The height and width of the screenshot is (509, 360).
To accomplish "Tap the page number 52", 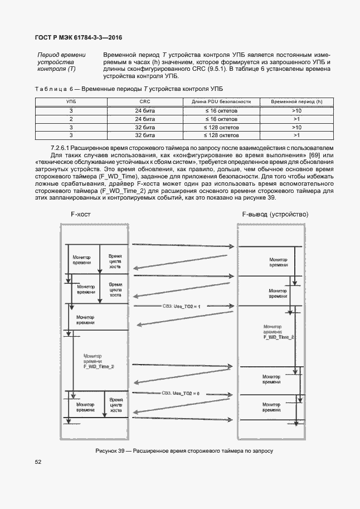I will pyautogui.click(x=38, y=462).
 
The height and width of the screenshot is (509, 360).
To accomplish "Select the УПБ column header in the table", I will pyautogui.click(x=71, y=102).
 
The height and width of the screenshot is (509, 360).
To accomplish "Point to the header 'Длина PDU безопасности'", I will pyautogui.click(x=221, y=102).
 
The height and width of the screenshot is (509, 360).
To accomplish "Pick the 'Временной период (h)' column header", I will pyautogui.click(x=296, y=102).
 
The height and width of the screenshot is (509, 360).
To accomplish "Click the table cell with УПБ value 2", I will pyautogui.click(x=71, y=119).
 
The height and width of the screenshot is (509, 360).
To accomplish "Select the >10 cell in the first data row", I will pyautogui.click(x=296, y=111).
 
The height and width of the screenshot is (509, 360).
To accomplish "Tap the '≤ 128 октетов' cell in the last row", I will pyautogui.click(x=221, y=135).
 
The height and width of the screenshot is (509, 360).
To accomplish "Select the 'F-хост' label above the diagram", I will pyautogui.click(x=80, y=214).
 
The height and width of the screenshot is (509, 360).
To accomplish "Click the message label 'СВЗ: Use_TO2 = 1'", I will pyautogui.click(x=181, y=306).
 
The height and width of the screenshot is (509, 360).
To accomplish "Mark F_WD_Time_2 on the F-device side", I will pyautogui.click(x=279, y=337).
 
